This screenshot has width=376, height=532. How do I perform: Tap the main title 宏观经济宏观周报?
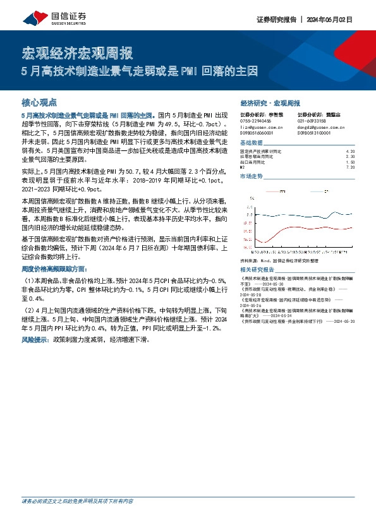(78, 54)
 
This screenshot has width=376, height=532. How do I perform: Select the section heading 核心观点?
(40, 102)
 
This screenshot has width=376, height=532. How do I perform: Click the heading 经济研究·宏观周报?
(270, 102)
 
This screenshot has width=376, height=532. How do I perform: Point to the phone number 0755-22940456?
(256, 120)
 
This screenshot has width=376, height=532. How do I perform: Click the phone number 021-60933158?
(312, 120)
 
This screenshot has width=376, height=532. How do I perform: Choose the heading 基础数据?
(252, 143)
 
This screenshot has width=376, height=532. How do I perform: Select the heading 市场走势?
(252, 177)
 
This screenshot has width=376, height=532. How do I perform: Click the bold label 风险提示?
(36, 340)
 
